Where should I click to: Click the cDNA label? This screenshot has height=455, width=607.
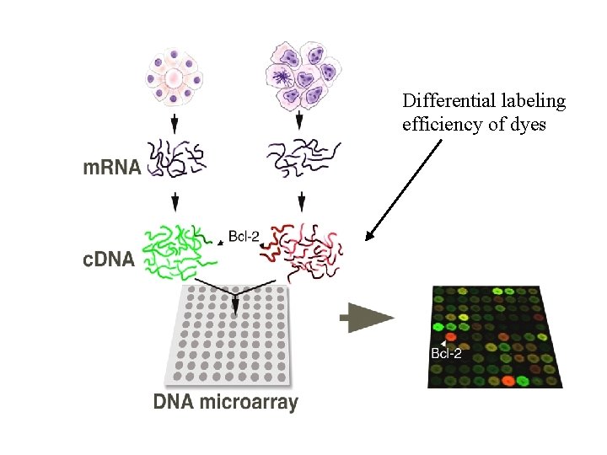pyautogui.click(x=107, y=260)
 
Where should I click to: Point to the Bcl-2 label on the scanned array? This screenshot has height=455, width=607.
pyautogui.click(x=446, y=353)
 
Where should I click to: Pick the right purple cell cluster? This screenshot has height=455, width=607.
pyautogui.click(x=302, y=73)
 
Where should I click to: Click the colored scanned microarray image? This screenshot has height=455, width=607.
pyautogui.click(x=496, y=336)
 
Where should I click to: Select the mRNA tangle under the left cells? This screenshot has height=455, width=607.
pyautogui.click(x=175, y=158)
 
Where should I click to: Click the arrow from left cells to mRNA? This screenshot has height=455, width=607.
pyautogui.click(x=175, y=124)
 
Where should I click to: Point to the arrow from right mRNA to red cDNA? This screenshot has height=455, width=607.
pyautogui.click(x=302, y=203)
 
